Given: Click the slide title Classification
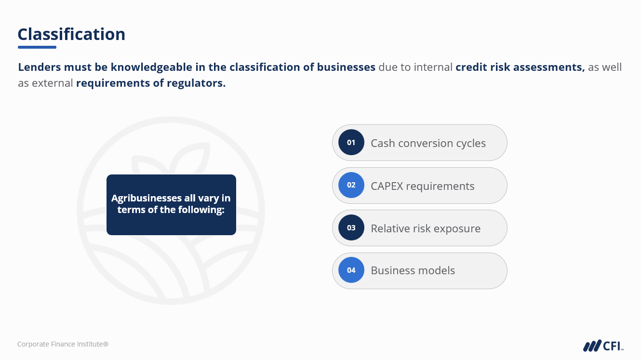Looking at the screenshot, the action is (71, 35).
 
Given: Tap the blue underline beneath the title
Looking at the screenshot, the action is (37, 47).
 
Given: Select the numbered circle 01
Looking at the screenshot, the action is (351, 142).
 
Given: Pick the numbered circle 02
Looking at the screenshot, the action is (351, 185).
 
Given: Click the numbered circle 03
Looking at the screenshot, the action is (351, 227).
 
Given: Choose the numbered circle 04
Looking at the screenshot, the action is (351, 270).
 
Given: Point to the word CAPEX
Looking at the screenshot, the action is (387, 186).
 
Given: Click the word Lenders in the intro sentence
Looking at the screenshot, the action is (40, 67).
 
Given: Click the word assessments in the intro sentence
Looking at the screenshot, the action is (549, 67).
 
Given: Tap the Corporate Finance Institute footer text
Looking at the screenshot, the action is (63, 344).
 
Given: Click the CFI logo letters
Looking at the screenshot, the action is (613, 346).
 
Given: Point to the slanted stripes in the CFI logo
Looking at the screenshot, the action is (592, 346).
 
